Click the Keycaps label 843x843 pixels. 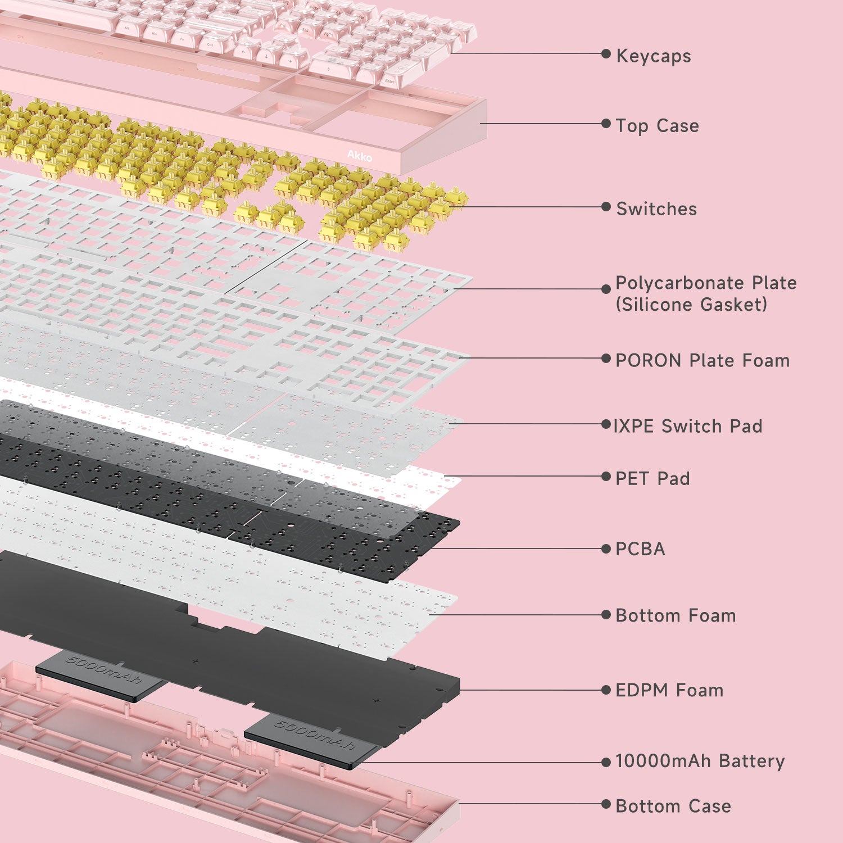click(x=654, y=56)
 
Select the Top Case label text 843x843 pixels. click(x=658, y=126)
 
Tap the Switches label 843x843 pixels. click(x=656, y=209)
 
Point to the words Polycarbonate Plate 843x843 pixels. click(x=706, y=283)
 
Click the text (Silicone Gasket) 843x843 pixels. click(x=691, y=305)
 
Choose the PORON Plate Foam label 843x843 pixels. click(x=703, y=360)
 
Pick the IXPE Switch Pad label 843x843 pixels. click(x=688, y=426)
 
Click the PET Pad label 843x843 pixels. click(x=652, y=478)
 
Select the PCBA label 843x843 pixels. click(x=640, y=549)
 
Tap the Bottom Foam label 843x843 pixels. click(x=676, y=615)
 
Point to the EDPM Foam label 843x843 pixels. click(x=669, y=690)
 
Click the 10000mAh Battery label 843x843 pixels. click(x=700, y=761)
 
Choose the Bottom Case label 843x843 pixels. click(x=673, y=806)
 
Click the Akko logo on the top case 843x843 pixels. click(x=359, y=156)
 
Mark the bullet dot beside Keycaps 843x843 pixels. click(x=606, y=54)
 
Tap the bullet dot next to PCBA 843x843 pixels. click(x=606, y=549)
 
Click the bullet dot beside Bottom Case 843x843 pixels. click(x=606, y=804)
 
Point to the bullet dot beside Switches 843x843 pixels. click(x=606, y=207)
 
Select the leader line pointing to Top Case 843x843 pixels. click(x=541, y=124)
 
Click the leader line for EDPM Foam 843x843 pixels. click(x=531, y=690)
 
